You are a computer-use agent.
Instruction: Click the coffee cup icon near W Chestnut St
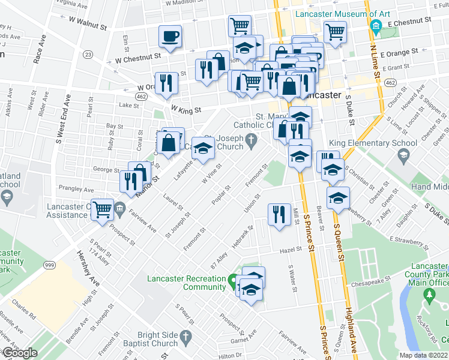(x=170, y=36)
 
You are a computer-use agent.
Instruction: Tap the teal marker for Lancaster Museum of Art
(x=376, y=26)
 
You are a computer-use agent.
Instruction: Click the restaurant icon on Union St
(x=279, y=214)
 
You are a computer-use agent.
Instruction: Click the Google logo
(x=19, y=353)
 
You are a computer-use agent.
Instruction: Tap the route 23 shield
(x=88, y=54)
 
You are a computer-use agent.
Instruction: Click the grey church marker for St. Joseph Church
(x=255, y=142)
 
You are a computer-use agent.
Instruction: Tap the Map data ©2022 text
(x=423, y=355)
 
